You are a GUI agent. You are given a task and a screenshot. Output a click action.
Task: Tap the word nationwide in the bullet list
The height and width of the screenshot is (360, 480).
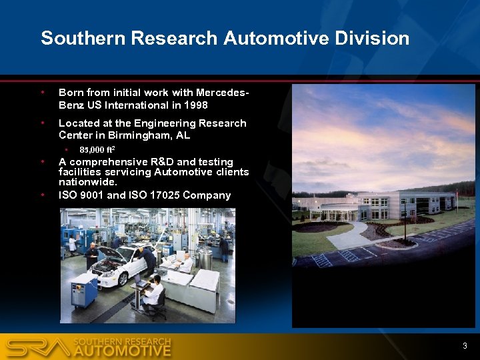click(87, 181)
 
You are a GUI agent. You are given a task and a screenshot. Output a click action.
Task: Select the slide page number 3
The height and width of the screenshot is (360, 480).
click(465, 345)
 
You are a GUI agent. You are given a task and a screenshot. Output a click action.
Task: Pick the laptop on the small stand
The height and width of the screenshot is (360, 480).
click(141, 283)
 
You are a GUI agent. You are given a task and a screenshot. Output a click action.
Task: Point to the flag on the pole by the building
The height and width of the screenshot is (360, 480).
click(457, 194)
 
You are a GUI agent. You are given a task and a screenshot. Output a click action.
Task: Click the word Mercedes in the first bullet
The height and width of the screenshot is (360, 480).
click(223, 93)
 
